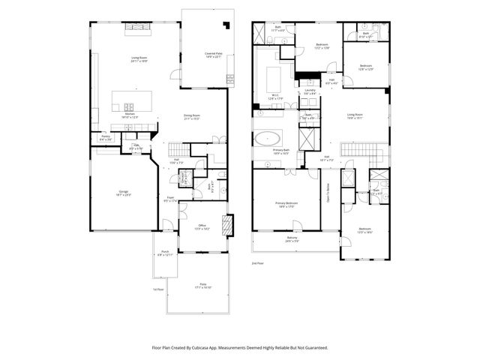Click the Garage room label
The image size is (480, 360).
pos(123,193)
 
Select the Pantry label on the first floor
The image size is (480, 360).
pos(106,137)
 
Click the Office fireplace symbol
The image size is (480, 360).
pos(230,225)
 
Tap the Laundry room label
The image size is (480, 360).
pos(310,91)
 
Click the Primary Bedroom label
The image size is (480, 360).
pos(286,205)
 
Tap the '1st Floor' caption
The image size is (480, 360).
pos(157,289)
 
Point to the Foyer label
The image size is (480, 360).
pos(170,199)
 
